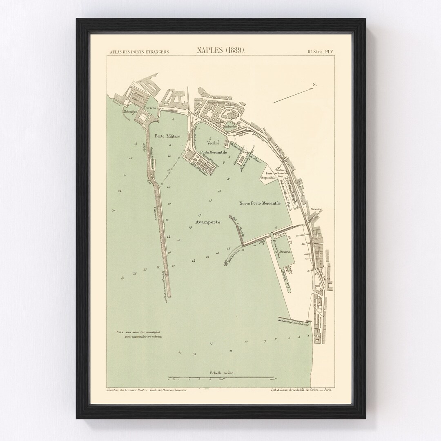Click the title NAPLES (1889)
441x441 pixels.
(220, 51)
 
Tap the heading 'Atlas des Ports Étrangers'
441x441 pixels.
(140, 52)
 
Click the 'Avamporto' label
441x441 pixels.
(205, 223)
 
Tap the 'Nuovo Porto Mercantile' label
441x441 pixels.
(260, 203)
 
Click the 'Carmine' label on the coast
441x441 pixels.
(316, 209)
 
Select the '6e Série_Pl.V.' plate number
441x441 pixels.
(321, 51)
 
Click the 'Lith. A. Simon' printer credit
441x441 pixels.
(301, 390)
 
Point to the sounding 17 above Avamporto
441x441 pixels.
(199, 215)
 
